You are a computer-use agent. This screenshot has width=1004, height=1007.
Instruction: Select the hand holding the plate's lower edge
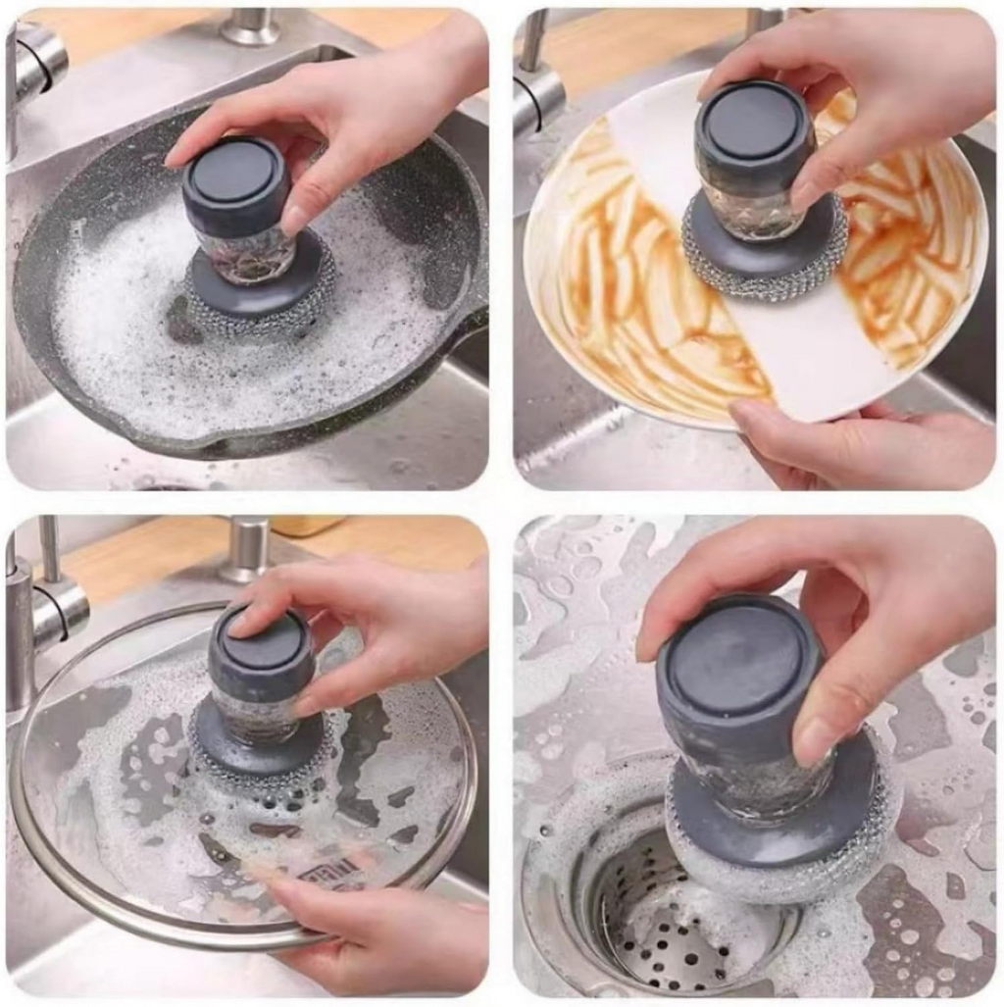pyautogui.click(x=863, y=446)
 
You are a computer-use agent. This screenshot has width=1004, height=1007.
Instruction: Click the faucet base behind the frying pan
pyautogui.click(x=249, y=26)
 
